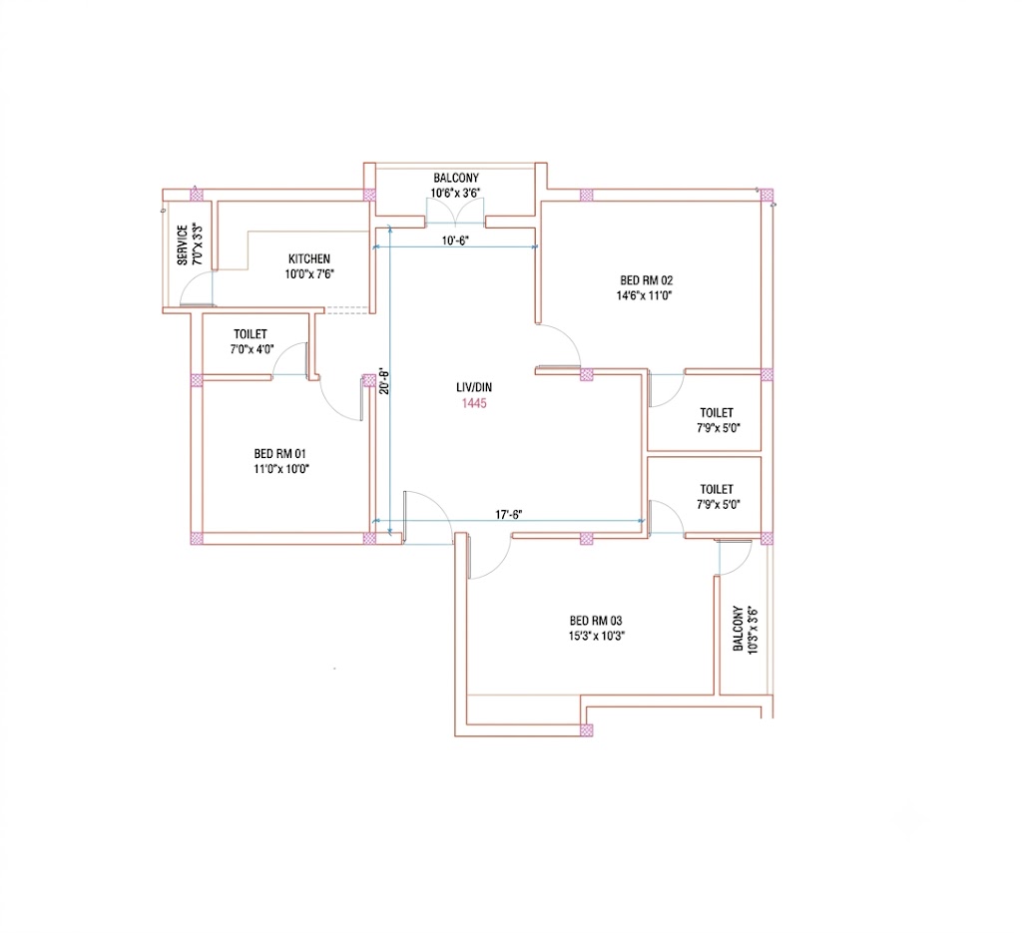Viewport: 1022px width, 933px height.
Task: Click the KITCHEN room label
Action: click(309, 258)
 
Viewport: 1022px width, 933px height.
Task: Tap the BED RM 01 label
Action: click(279, 453)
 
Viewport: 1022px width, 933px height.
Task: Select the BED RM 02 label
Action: click(646, 280)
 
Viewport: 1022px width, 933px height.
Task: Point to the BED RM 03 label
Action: click(596, 621)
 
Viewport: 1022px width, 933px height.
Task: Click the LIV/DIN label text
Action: click(474, 387)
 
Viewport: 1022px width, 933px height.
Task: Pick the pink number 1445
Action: click(474, 403)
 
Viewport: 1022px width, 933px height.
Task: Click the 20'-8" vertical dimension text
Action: click(384, 382)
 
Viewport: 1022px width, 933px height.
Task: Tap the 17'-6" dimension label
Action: click(508, 515)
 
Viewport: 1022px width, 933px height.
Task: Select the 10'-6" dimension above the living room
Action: click(455, 240)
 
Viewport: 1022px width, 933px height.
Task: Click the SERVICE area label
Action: click(183, 245)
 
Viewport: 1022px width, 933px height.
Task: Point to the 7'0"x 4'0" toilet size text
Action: click(252, 349)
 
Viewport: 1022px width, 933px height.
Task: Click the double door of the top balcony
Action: click(455, 212)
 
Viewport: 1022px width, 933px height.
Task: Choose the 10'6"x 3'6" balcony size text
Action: click(455, 193)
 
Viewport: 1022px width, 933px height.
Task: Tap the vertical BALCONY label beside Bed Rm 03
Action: click(738, 629)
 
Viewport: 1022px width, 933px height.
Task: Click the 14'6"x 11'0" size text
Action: click(644, 295)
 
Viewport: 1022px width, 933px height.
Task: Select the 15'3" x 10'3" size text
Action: click(597, 636)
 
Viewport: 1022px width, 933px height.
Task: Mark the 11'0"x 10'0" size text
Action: click(280, 468)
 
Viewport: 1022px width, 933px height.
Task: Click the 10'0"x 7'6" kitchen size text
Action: click(309, 274)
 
